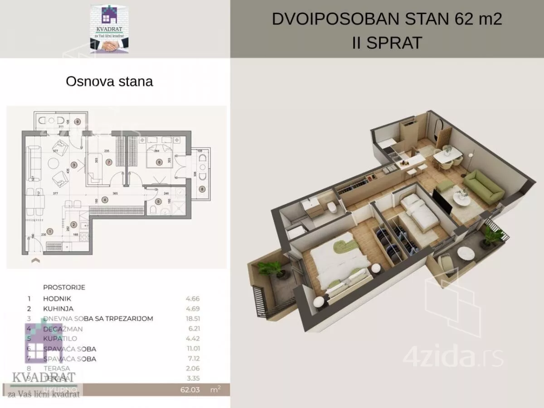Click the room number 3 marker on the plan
(74, 165)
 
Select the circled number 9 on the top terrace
(78, 121)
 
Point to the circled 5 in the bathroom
(158, 202)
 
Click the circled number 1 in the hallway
(50, 231)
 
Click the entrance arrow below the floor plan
(35, 261)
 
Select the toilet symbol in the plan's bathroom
(153, 211)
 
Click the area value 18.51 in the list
(192, 319)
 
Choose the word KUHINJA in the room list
(58, 309)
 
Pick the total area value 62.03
(189, 389)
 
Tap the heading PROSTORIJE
(64, 287)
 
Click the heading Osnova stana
(109, 82)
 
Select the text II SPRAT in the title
(387, 43)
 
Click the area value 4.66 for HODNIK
(192, 299)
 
